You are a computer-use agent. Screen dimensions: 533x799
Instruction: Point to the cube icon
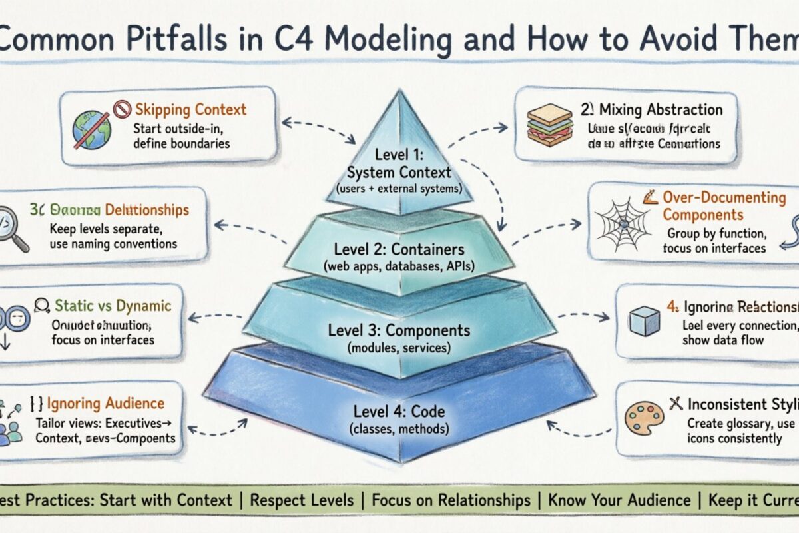pyautogui.click(x=645, y=322)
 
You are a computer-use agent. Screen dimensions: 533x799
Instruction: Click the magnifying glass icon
pyautogui.click(x=13, y=229)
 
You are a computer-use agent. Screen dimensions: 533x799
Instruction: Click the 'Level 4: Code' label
pyautogui.click(x=399, y=412)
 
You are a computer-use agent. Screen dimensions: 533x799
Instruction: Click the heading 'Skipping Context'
pyautogui.click(x=190, y=110)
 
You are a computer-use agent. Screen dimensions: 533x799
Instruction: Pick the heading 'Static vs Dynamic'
pyautogui.click(x=113, y=306)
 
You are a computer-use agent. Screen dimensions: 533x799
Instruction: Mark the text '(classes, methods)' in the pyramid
pyautogui.click(x=399, y=430)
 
